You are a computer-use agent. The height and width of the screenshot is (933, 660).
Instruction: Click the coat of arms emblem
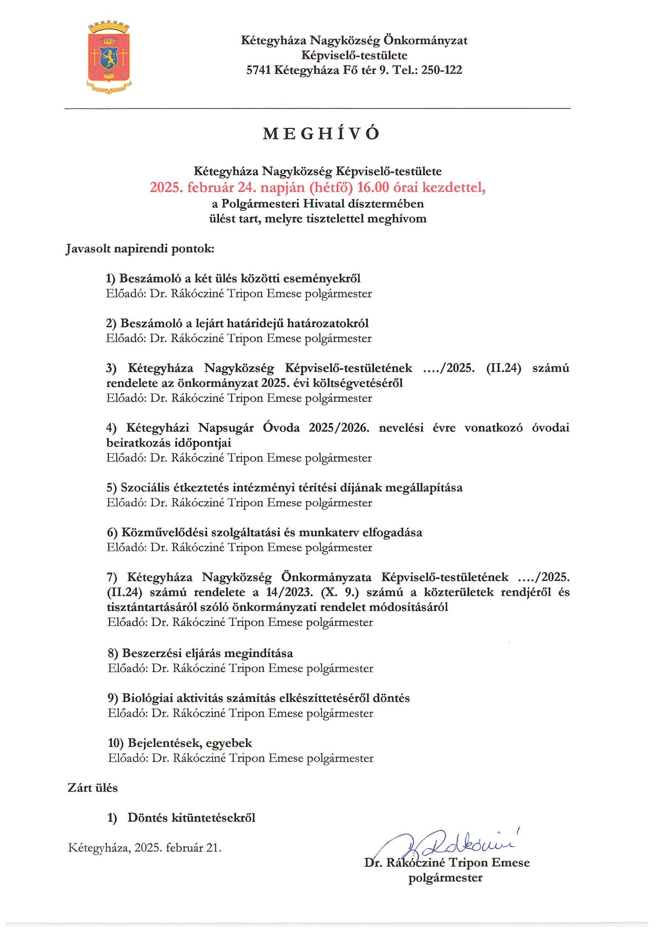click(109, 56)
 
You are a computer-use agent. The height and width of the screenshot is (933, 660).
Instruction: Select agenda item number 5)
click(112, 488)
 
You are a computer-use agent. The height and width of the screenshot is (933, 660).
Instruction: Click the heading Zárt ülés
click(93, 788)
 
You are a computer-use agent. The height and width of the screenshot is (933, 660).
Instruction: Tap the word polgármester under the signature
click(445, 878)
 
